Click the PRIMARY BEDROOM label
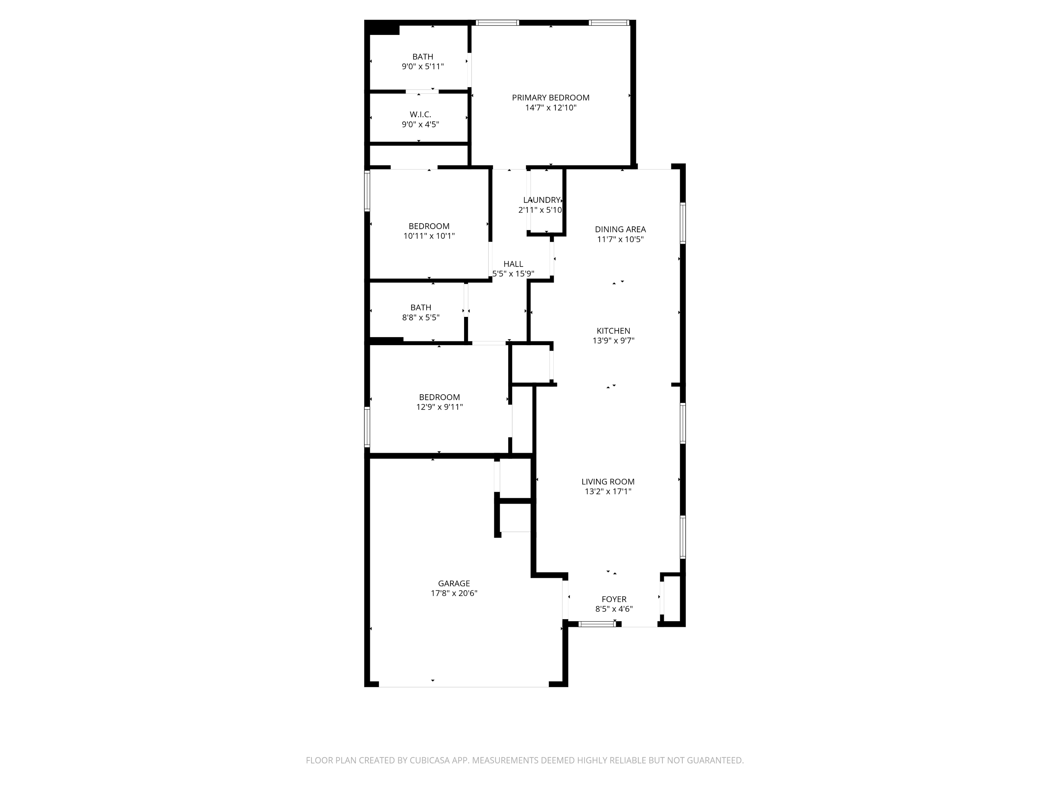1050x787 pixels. point(551,98)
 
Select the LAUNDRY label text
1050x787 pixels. point(541,200)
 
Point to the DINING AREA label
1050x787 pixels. point(621,229)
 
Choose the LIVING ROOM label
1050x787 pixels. point(608,482)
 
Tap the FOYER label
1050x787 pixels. point(614,599)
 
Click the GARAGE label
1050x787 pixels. point(454,583)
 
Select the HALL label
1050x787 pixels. point(513,264)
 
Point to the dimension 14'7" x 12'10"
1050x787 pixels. point(551,108)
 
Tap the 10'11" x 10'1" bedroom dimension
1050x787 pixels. point(429,236)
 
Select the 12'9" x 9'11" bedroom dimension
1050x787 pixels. point(440,407)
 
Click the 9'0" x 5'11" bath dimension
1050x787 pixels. point(423,67)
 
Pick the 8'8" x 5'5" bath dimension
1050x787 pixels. point(421,317)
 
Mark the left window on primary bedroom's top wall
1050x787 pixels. point(497,22)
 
